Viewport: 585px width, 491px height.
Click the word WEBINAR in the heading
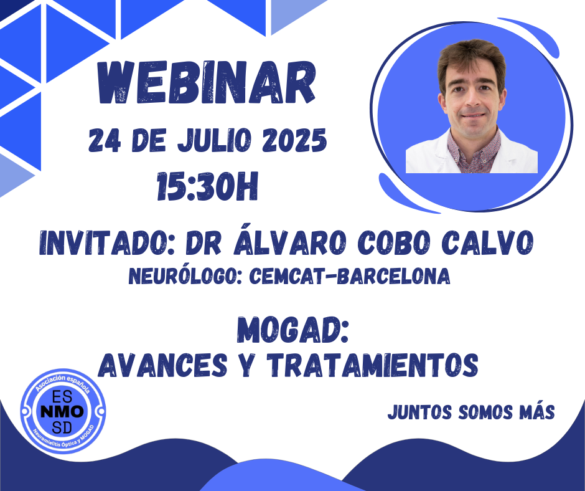click(207, 83)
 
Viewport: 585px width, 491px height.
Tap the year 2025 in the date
click(294, 140)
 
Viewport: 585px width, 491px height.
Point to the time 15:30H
click(207, 186)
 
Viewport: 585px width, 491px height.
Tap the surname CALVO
click(488, 243)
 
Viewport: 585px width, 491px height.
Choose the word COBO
click(395, 243)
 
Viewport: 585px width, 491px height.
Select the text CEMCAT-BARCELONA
click(350, 277)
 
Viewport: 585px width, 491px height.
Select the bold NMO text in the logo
click(62, 412)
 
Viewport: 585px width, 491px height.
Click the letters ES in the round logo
click(62, 397)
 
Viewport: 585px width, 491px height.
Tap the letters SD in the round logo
click(62, 427)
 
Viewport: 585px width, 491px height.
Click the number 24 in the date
click(105, 140)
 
